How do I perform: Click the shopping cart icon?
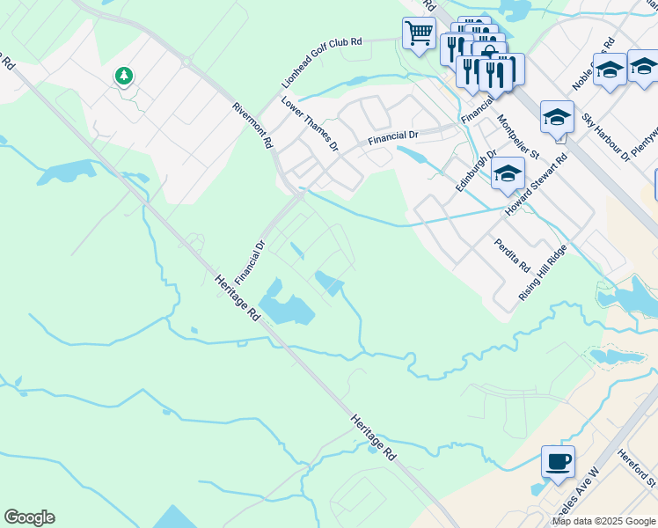419,33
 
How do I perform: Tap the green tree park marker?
124,76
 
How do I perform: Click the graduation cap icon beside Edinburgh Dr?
508,172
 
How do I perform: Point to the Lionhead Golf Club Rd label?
321,62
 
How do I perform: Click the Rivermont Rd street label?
252,125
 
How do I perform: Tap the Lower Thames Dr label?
310,123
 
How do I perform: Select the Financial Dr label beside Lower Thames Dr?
393,136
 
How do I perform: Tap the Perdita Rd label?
512,254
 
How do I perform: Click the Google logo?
29,517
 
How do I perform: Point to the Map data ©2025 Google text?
603,521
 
